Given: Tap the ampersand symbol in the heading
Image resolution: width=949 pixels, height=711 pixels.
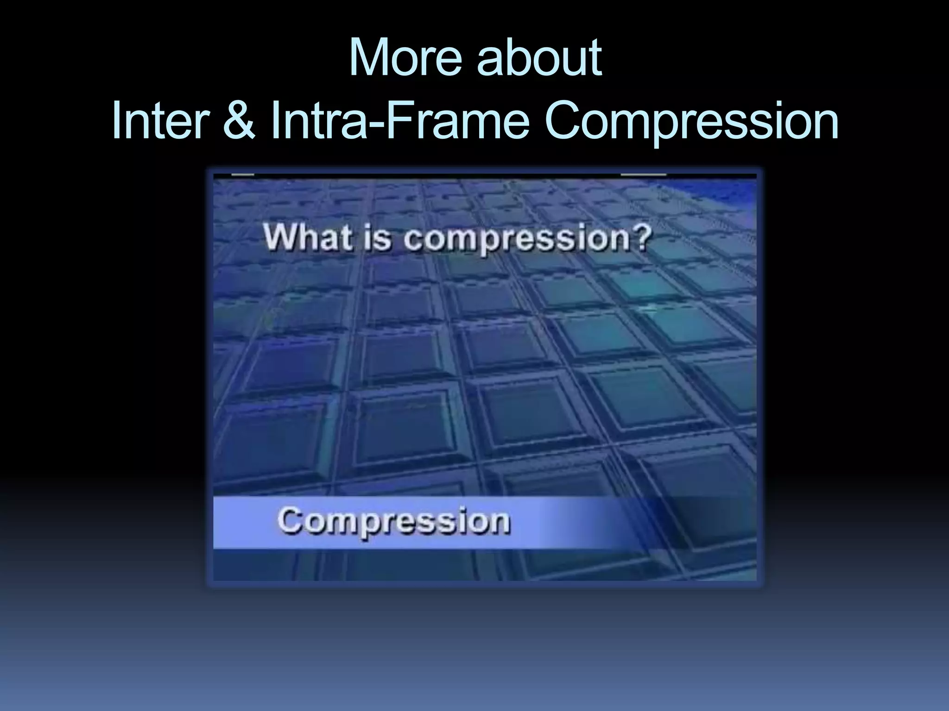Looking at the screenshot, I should (239, 121).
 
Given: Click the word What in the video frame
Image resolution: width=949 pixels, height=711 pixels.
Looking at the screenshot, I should (308, 238).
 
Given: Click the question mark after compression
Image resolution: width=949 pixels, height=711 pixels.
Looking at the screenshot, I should (642, 238).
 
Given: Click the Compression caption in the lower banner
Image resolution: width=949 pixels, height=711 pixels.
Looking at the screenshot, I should (394, 522).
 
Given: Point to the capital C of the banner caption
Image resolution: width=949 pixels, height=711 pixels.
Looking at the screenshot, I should (290, 521).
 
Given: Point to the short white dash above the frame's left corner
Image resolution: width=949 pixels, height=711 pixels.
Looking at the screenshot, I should (242, 175).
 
